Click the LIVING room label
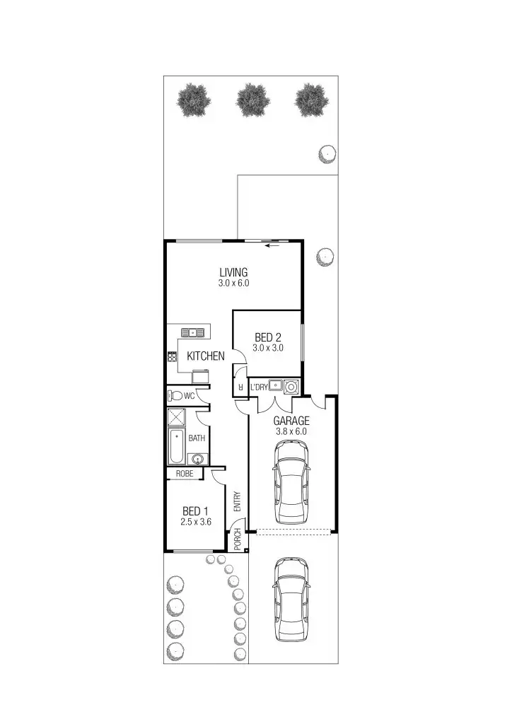pos(233,272)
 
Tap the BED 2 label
pos(268,337)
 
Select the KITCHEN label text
pos(206,356)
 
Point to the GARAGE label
pos(291,420)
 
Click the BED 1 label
pos(195,511)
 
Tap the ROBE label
pos(185,474)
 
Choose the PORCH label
pos(238,539)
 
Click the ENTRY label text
pos(238,501)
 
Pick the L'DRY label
pos(259,387)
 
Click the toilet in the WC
pos(175,396)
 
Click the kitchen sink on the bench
pos(192,332)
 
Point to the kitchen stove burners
pos(172,357)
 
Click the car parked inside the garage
pos(291,481)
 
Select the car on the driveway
pos(291,599)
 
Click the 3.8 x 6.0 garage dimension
pos(291,430)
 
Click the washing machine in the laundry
pos(290,387)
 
